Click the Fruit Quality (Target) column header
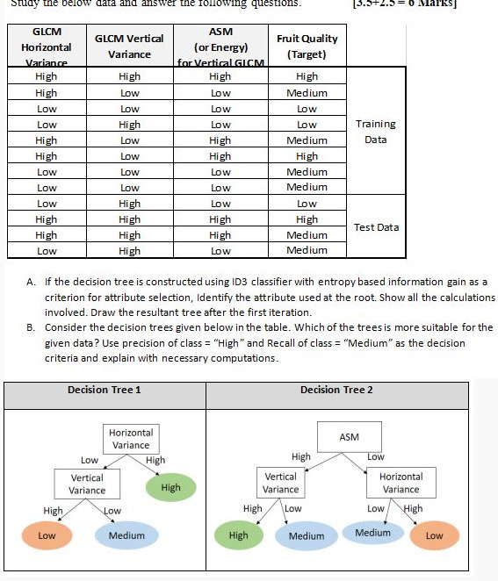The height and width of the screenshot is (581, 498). click(307, 46)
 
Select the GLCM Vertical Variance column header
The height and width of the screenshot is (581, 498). click(129, 46)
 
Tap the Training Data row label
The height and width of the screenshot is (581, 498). click(376, 132)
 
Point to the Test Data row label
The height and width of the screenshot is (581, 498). click(376, 227)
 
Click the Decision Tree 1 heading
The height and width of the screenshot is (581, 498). click(105, 390)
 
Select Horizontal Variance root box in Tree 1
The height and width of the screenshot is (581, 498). click(131, 439)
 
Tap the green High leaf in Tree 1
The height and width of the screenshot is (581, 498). click(170, 487)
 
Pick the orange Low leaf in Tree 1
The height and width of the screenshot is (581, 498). click(47, 535)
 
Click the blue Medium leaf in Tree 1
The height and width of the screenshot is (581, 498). click(126, 535)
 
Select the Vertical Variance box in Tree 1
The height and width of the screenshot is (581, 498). click(87, 484)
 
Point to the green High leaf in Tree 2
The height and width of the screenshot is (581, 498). click(238, 535)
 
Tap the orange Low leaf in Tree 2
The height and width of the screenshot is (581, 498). click(434, 535)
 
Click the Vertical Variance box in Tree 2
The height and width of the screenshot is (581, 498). click(281, 483)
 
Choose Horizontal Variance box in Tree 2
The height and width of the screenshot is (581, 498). click(401, 483)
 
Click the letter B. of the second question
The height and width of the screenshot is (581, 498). click(32, 326)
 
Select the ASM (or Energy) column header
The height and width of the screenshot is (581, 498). click(220, 46)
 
